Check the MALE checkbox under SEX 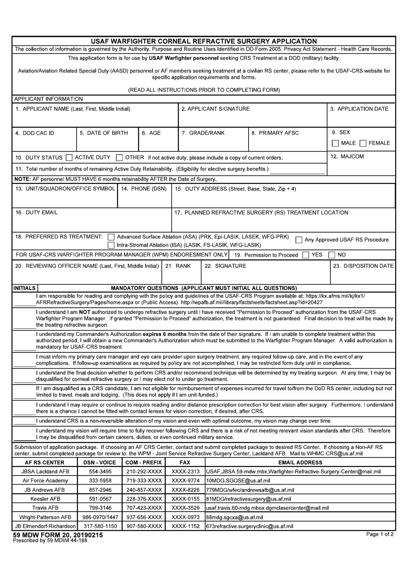tap(335, 143)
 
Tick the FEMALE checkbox tap(363, 143)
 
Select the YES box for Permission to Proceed tap(305, 255)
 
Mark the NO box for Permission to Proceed tap(332, 255)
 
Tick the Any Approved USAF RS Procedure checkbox tap(299, 240)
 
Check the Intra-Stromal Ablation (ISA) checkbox tap(111, 245)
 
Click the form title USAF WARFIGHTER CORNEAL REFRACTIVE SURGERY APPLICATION tap(204, 41)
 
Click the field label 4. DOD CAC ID tap(35, 133)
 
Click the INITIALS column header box tap(24, 288)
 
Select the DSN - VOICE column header tap(99, 463)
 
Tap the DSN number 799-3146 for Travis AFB tap(99, 508)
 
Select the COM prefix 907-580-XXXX tap(144, 526)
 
